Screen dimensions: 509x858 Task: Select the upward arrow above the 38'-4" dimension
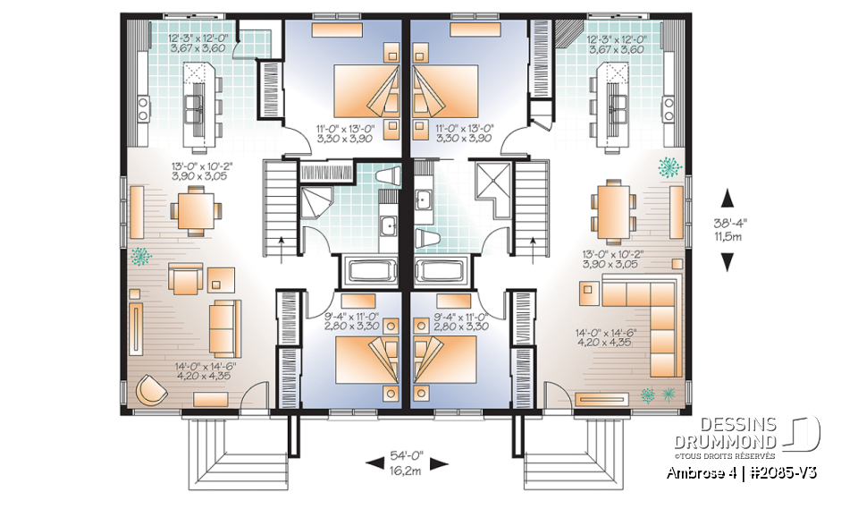pos(728,198)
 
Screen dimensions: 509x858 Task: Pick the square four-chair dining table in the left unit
pos(195,211)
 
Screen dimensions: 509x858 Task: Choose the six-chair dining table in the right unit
pos(613,211)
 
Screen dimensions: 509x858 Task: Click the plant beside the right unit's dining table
pos(668,166)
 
